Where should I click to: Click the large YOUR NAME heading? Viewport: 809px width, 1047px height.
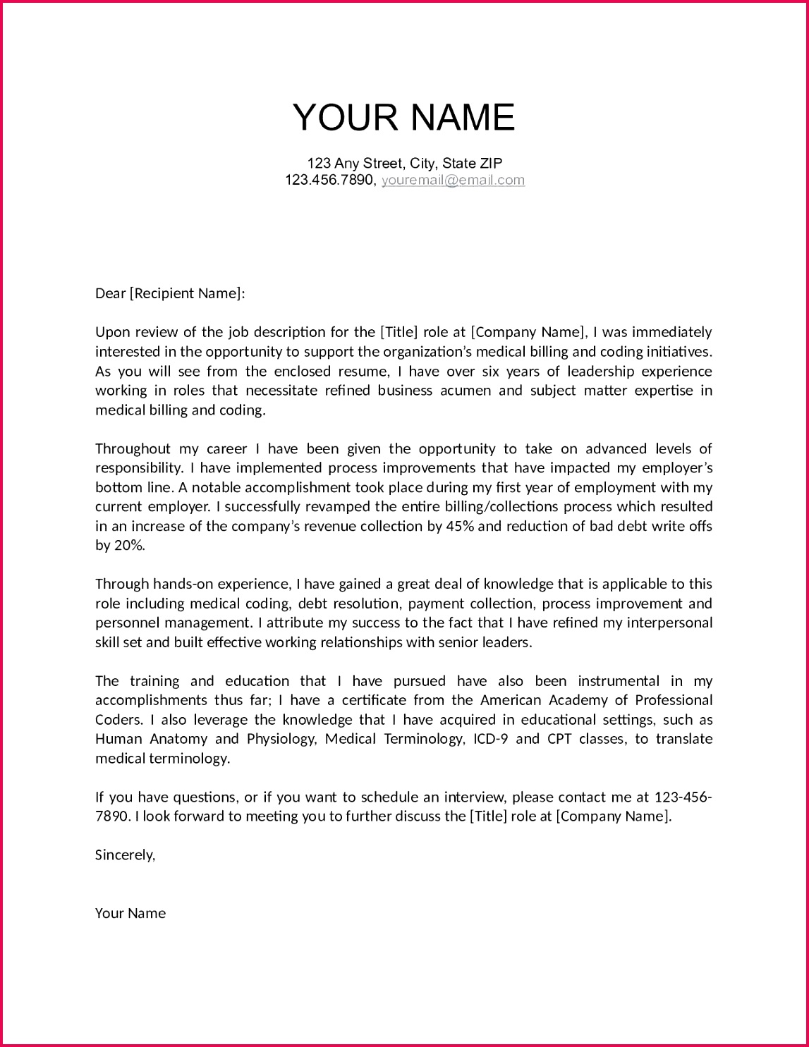[403, 118]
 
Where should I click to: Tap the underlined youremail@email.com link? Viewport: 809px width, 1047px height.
[453, 180]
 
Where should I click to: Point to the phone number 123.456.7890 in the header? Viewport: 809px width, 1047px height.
[329, 180]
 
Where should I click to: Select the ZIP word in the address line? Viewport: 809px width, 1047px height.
[490, 163]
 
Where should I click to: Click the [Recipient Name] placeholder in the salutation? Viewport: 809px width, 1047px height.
[186, 293]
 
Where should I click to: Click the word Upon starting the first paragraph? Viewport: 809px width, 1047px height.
[113, 332]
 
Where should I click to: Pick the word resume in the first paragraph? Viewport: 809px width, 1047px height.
[363, 371]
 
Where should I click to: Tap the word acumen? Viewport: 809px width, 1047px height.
[466, 391]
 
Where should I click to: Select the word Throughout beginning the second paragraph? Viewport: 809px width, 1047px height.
[133, 448]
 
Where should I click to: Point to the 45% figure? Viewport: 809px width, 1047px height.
[460, 526]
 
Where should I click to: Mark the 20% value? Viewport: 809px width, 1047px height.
[128, 545]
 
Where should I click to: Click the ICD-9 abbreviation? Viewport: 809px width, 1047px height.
[490, 739]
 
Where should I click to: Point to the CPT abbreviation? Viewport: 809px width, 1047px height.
[559, 739]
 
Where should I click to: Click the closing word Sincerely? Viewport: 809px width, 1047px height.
[124, 855]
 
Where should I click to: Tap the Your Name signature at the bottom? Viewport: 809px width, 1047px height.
[130, 913]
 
